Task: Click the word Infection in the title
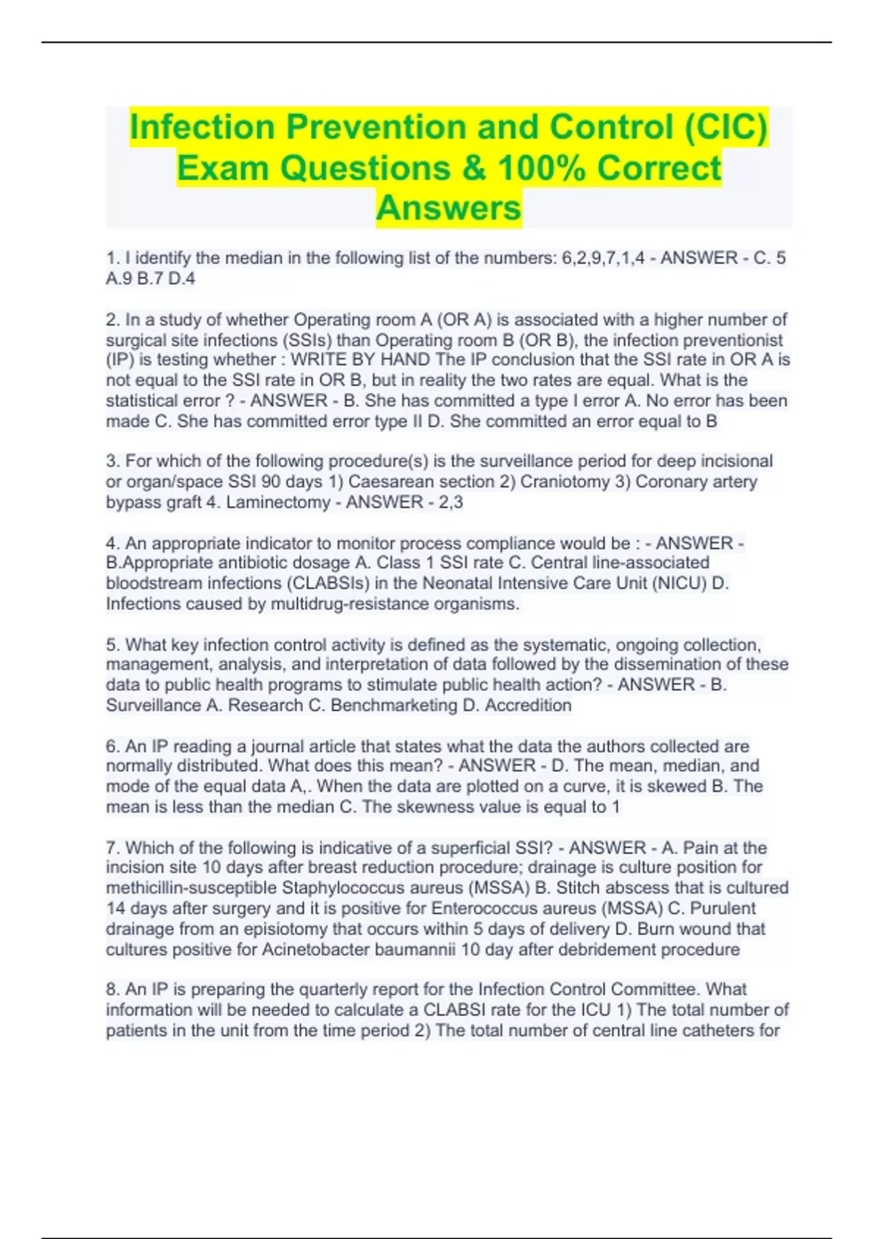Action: (x=202, y=127)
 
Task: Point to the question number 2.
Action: (x=112, y=320)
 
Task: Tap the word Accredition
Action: (x=528, y=706)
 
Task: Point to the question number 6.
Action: (x=112, y=746)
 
